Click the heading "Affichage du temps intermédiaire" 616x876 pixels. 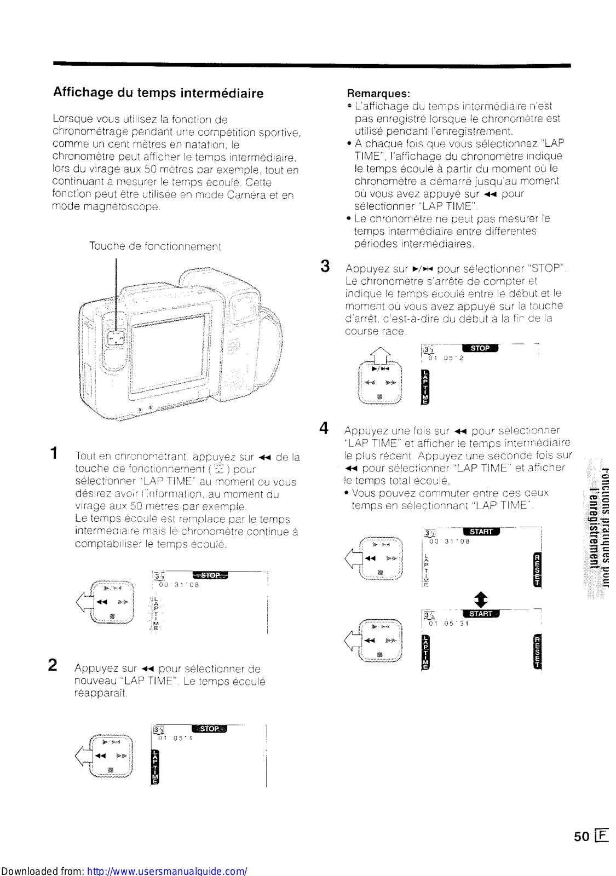coord(158,93)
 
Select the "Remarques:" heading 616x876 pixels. coord(378,93)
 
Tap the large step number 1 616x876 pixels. coord(54,453)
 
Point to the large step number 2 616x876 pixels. coord(53,665)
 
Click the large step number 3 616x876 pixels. coord(325,266)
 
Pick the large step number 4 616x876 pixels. coord(324,428)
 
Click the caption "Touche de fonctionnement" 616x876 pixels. coord(155,246)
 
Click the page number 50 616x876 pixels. coord(582,836)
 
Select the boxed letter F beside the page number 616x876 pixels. coord(602,835)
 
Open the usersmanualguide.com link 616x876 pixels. coord(167,871)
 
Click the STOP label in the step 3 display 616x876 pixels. coord(480,348)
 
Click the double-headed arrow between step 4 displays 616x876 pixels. coord(480,600)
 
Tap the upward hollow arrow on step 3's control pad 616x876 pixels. coord(380,356)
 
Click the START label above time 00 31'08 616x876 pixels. coord(481,532)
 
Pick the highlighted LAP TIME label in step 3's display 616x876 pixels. coord(425,387)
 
